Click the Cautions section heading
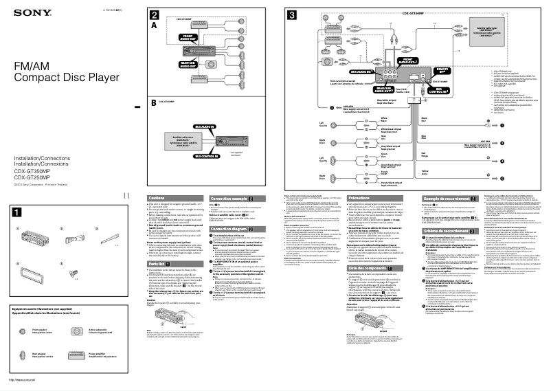click(x=157, y=198)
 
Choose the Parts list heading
click(x=158, y=263)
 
